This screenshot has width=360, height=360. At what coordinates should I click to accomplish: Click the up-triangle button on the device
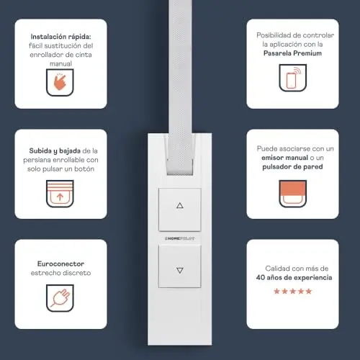click(180, 210)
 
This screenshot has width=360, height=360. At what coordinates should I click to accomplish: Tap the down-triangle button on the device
click(180, 266)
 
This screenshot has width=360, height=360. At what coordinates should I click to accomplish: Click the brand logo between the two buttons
click(179, 238)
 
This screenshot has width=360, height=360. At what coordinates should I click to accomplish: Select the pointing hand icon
click(60, 82)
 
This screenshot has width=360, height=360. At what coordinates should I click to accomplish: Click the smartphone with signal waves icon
click(292, 78)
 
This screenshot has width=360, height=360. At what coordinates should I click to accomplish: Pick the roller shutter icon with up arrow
click(60, 194)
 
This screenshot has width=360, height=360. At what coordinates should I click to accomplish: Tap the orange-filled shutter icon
click(292, 194)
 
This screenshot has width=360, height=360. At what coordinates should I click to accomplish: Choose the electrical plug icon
click(60, 298)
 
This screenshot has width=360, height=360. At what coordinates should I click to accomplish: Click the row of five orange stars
click(292, 291)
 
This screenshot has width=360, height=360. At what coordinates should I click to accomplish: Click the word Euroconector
click(60, 264)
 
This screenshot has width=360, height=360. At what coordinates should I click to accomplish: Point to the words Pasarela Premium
click(292, 53)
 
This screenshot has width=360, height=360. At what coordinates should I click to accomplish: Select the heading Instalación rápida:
click(60, 37)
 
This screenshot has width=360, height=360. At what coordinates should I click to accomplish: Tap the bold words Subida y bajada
click(55, 151)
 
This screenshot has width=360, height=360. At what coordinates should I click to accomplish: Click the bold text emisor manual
click(284, 158)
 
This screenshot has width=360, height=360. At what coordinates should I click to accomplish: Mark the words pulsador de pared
click(292, 167)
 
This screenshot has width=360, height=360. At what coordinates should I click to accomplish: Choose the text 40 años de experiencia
click(294, 278)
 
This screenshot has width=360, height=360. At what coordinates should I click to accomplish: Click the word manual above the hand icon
click(60, 64)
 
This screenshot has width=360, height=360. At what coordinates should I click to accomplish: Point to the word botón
click(84, 169)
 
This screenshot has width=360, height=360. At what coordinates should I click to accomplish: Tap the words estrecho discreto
click(60, 273)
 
